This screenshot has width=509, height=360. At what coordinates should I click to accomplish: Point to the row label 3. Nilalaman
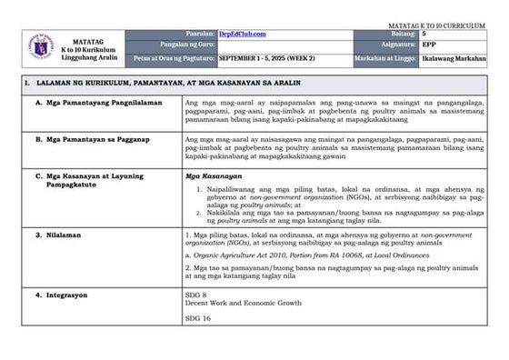point(55,235)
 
